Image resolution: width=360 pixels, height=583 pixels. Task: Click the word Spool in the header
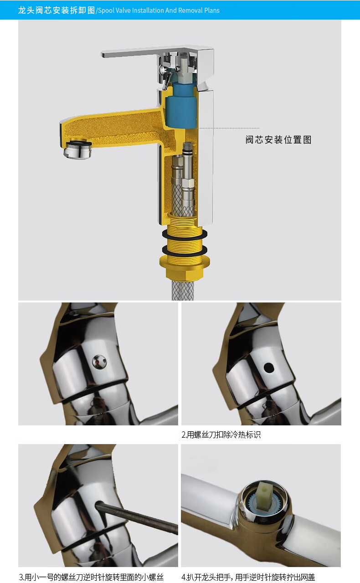(x=106, y=10)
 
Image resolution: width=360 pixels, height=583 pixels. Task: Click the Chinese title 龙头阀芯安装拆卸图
(x=57, y=10)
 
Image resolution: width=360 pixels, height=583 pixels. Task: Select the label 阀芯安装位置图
(x=278, y=140)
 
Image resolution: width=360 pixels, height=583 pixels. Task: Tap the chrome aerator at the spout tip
(x=77, y=149)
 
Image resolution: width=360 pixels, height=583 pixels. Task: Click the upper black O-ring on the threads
(x=185, y=234)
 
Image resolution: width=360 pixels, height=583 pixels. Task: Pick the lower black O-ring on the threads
(x=185, y=251)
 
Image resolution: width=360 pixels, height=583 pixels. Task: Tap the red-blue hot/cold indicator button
(x=99, y=362)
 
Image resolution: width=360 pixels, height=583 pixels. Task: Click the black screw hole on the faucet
(x=269, y=368)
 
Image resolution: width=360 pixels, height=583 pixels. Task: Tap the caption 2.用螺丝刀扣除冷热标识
(x=221, y=435)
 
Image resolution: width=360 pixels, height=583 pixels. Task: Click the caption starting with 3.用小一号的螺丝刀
(x=91, y=577)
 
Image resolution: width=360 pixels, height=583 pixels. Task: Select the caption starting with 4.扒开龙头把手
(x=248, y=577)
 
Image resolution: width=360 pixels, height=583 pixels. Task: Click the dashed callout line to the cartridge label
(x=229, y=128)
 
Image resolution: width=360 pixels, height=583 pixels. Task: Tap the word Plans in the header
(x=212, y=10)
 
